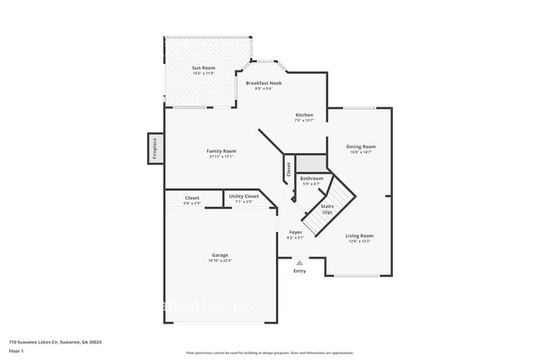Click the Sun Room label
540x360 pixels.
click(x=204, y=68)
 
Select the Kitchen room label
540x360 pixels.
click(x=304, y=115)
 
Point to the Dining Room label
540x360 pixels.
click(x=361, y=146)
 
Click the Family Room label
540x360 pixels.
click(x=221, y=150)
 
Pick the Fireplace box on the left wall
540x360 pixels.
click(x=155, y=149)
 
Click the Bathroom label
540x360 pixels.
click(x=312, y=178)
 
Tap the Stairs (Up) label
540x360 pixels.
click(x=327, y=209)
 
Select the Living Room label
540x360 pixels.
click(x=360, y=235)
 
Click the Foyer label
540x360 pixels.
click(x=296, y=232)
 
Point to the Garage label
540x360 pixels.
click(x=219, y=254)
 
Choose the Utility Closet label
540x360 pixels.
click(x=247, y=196)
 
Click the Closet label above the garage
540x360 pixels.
click(x=192, y=198)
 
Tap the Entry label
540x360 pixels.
click(x=299, y=270)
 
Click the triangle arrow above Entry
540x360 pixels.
click(x=299, y=262)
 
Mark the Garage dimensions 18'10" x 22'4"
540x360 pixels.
click(x=219, y=260)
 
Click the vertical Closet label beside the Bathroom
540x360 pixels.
click(x=288, y=171)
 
